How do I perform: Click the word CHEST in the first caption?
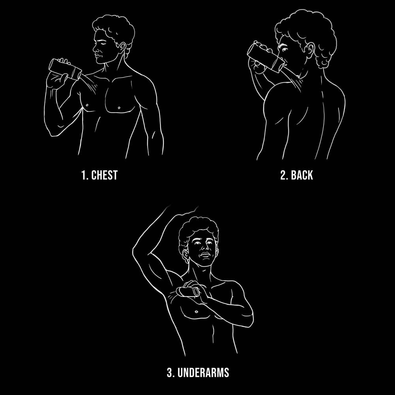point(104,175)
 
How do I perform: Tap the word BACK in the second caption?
point(302,175)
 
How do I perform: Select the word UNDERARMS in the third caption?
point(203,372)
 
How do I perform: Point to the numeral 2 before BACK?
point(284,175)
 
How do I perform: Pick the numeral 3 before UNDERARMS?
point(170,372)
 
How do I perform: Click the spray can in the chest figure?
point(65,69)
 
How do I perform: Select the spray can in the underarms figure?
point(188,292)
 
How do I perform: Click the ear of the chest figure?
point(122,48)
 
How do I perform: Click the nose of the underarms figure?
point(205,248)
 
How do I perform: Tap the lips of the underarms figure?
point(205,255)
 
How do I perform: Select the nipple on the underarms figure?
point(196,312)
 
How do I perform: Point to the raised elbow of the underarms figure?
point(134,252)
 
